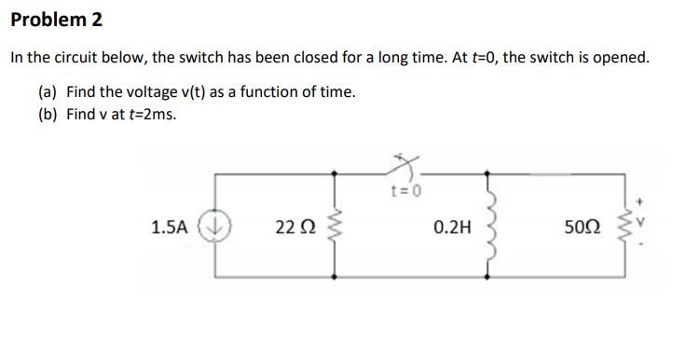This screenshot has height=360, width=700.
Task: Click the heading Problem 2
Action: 57,20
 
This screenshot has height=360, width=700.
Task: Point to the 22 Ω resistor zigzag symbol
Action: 334,226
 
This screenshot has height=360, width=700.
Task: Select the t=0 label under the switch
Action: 407,193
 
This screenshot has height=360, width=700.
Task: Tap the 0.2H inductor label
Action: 452,226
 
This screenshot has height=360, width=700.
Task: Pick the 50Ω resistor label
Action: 583,226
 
